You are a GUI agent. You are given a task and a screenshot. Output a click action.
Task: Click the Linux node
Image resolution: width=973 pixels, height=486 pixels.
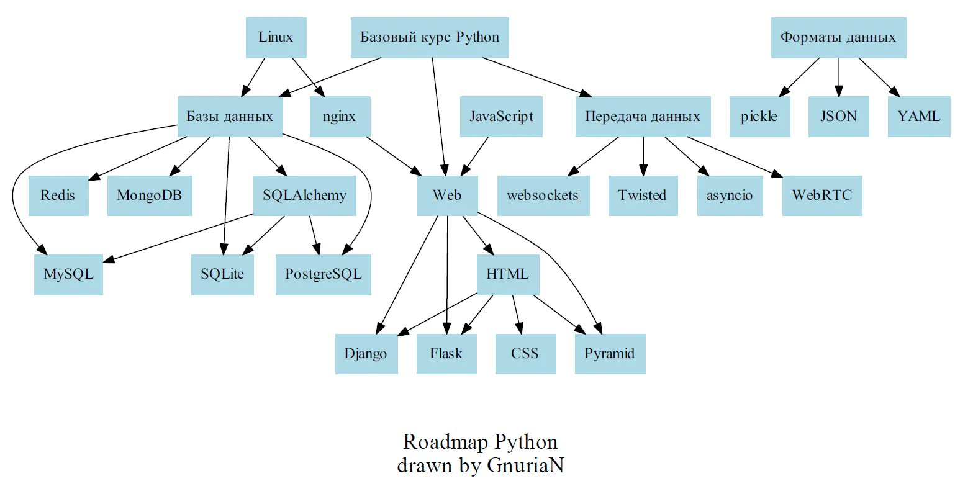click(275, 37)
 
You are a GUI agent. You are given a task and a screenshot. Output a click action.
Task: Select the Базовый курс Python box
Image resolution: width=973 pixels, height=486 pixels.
click(430, 37)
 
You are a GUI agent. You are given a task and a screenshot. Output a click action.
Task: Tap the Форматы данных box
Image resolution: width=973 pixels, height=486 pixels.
click(838, 38)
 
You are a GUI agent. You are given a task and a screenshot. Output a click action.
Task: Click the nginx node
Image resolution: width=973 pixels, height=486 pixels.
click(340, 117)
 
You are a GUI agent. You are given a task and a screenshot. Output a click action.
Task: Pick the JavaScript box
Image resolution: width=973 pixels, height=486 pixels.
click(501, 117)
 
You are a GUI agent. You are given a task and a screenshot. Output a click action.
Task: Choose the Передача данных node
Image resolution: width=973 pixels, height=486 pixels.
click(643, 117)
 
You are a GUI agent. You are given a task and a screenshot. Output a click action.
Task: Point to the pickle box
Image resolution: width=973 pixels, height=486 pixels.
click(759, 117)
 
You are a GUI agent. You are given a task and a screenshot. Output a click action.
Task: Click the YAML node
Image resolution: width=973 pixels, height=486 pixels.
click(918, 117)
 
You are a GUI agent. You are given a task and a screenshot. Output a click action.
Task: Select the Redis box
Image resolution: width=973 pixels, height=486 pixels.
click(58, 196)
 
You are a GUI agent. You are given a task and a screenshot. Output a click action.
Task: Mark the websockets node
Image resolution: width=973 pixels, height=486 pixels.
click(543, 196)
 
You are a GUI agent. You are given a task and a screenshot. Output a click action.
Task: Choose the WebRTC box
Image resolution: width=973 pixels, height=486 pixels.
click(822, 196)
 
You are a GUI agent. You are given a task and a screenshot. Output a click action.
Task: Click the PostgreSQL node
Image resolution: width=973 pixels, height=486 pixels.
click(323, 274)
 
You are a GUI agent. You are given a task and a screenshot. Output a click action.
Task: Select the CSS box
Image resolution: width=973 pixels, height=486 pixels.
click(525, 354)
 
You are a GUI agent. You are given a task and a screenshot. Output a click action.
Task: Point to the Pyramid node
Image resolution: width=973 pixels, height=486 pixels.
click(610, 354)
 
